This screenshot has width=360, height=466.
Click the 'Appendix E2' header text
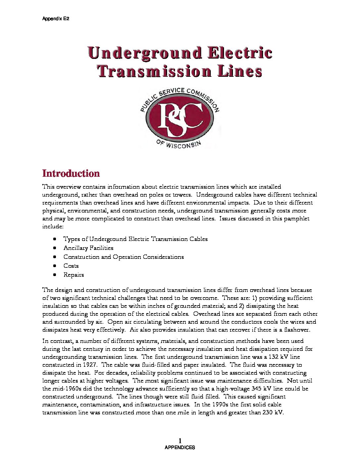pyautogui.click(x=56, y=19)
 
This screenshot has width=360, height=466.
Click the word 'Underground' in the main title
pyautogui.click(x=145, y=53)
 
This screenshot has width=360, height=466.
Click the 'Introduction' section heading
pyautogui.click(x=71, y=174)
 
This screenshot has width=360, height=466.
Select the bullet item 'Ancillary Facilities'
pyautogui.click(x=88, y=248)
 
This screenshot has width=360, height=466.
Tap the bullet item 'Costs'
pyautogui.click(x=71, y=266)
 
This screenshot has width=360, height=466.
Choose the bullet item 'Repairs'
pyautogui.click(x=73, y=275)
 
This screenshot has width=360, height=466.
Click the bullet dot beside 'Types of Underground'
pyautogui.click(x=55, y=239)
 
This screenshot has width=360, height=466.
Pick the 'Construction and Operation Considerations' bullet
pyautogui.click(x=123, y=257)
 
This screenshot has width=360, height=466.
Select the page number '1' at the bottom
pyautogui.click(x=180, y=441)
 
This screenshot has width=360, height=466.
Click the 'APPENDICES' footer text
pyautogui.click(x=180, y=447)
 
